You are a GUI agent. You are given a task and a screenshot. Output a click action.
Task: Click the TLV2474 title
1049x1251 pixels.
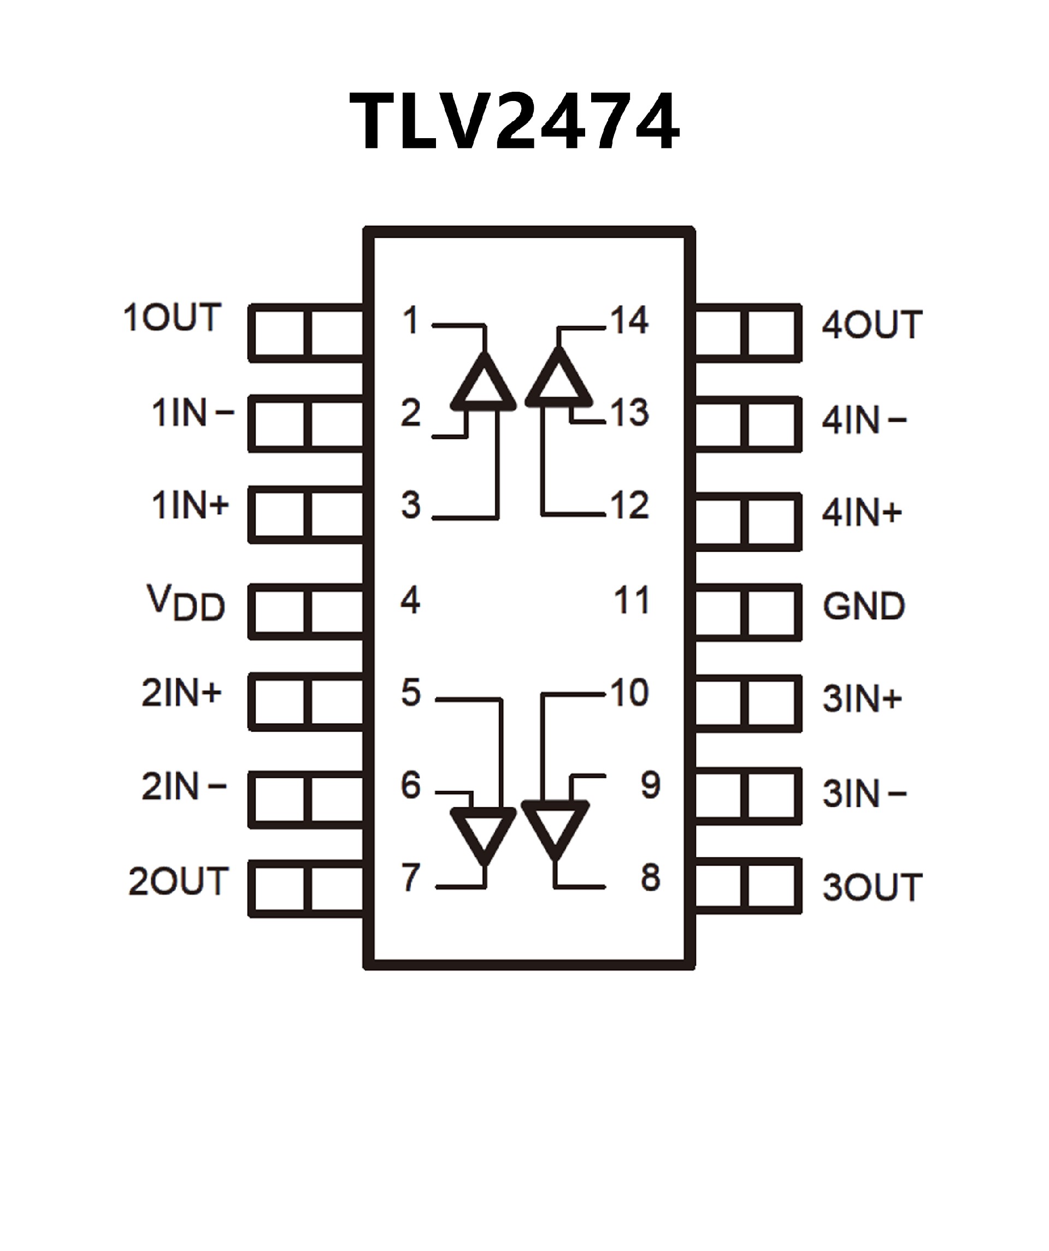[x=514, y=122]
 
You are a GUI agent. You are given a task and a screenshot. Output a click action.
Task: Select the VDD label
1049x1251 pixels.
[x=186, y=603]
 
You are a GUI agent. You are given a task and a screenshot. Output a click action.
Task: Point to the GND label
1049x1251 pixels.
[x=864, y=607]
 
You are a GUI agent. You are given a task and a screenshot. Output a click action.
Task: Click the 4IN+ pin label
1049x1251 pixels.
[x=862, y=512]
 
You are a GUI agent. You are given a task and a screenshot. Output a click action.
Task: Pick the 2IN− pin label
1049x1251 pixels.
[x=184, y=786]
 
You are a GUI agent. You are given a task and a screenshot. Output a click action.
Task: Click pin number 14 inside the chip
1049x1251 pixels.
[x=629, y=320]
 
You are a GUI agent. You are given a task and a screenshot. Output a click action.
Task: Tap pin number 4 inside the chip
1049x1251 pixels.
[x=411, y=600]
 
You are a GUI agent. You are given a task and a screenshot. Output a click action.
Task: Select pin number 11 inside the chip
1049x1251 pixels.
[x=632, y=600]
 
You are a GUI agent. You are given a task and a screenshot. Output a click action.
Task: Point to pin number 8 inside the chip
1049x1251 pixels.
[x=650, y=878]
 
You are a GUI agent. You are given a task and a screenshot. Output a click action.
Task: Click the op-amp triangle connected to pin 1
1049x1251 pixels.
[x=484, y=383]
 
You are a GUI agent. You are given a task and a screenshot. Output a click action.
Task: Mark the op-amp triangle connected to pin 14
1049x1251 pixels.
[x=558, y=380]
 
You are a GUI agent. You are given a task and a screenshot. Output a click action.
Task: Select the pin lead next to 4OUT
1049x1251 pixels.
[x=747, y=333]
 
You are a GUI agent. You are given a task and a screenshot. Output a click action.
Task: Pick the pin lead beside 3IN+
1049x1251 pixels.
[x=747, y=703]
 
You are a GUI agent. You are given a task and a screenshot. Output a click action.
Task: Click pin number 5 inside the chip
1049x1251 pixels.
[x=411, y=692]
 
